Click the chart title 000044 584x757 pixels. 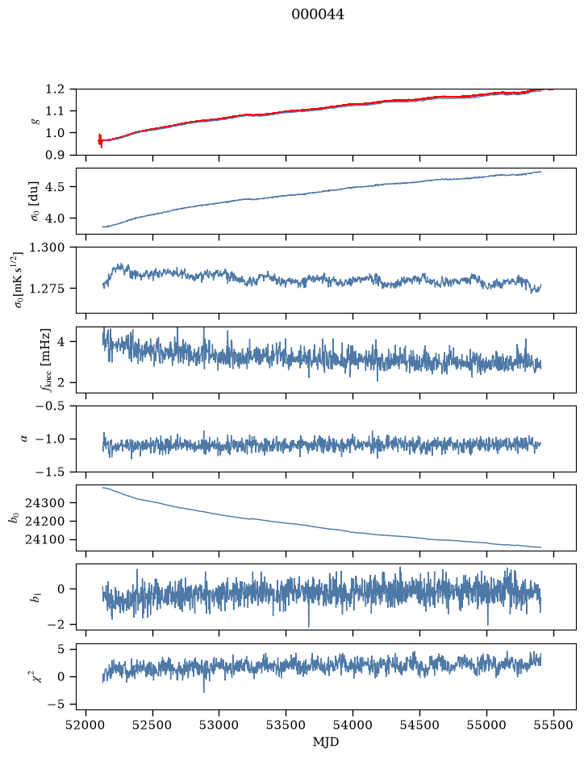(317, 15)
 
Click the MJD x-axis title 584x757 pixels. (326, 742)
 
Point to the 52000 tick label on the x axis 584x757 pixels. (86, 725)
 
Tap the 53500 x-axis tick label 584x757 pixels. (286, 725)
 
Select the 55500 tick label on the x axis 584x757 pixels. (553, 725)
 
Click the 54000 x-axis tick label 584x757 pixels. (352, 725)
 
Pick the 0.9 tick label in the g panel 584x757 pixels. (55, 155)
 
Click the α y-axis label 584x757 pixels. (24, 439)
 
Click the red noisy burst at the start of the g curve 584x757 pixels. (100, 140)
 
